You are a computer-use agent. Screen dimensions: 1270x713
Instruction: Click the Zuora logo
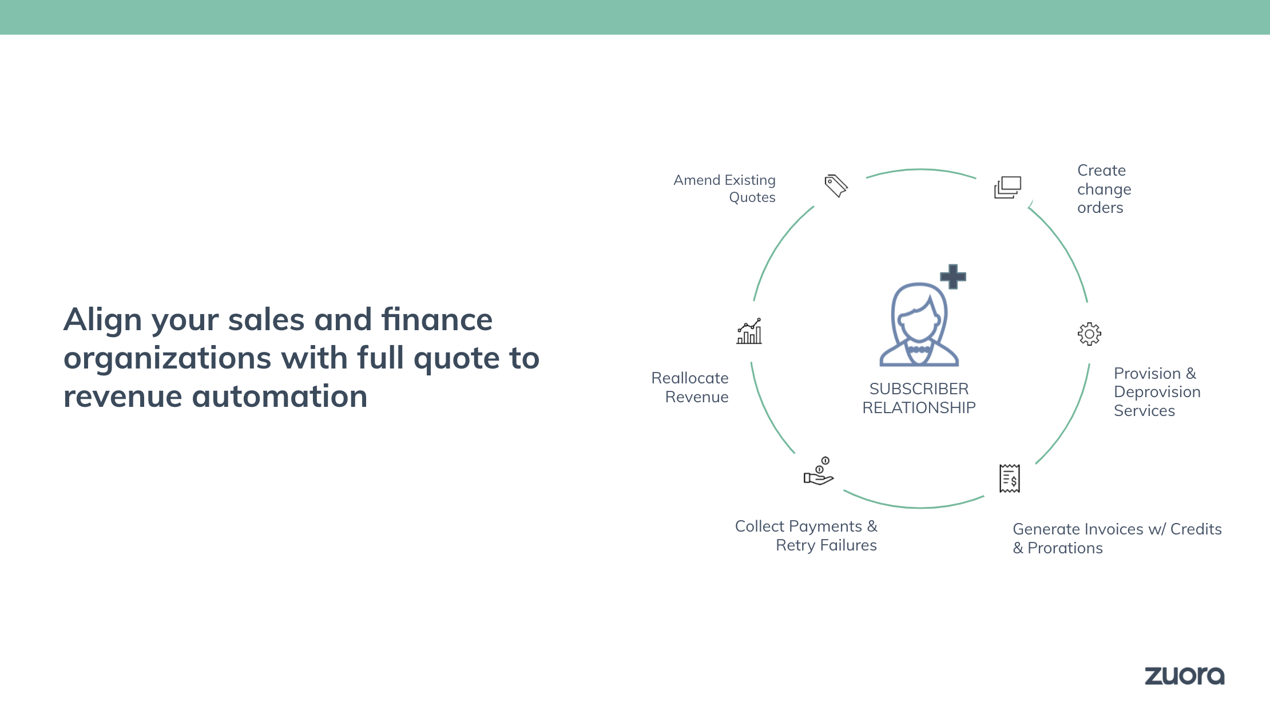tap(1184, 676)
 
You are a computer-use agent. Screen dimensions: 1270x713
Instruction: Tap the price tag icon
tap(836, 186)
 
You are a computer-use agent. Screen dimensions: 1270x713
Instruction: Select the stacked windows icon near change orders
tap(1007, 187)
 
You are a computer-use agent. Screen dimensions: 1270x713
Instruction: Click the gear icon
tap(1089, 334)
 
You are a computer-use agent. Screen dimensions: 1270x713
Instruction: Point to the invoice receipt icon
tap(1010, 478)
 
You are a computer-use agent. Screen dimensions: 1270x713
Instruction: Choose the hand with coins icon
tap(819, 471)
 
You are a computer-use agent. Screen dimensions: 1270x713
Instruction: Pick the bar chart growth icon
tap(749, 331)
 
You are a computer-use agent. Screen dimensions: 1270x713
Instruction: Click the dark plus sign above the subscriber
tap(953, 277)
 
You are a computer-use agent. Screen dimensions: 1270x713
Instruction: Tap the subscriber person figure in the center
tap(919, 324)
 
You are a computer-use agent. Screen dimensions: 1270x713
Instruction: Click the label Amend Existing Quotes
tap(724, 188)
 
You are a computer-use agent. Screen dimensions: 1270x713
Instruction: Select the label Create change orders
tap(1104, 189)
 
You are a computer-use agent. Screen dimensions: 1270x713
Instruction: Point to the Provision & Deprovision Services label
tap(1157, 392)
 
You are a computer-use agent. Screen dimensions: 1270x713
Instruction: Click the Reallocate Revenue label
tap(690, 387)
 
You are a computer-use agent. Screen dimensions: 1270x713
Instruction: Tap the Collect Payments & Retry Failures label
tap(806, 536)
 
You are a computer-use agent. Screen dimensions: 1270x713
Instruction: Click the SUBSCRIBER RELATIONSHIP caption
tap(919, 398)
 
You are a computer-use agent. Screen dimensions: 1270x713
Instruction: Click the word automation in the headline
tap(280, 396)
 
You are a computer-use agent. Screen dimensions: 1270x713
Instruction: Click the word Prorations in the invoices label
tap(1065, 548)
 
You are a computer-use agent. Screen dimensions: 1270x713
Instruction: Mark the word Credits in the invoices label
tap(1196, 529)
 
